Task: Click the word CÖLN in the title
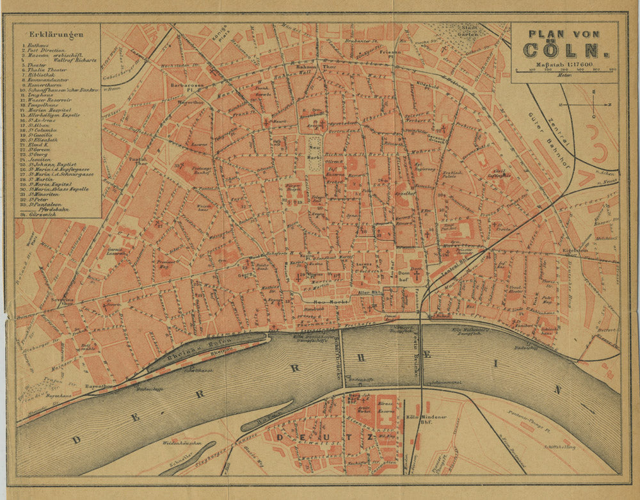tap(563, 50)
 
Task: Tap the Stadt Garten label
tap(470, 31)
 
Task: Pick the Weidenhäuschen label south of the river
tap(181, 443)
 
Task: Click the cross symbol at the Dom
tap(416, 275)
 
